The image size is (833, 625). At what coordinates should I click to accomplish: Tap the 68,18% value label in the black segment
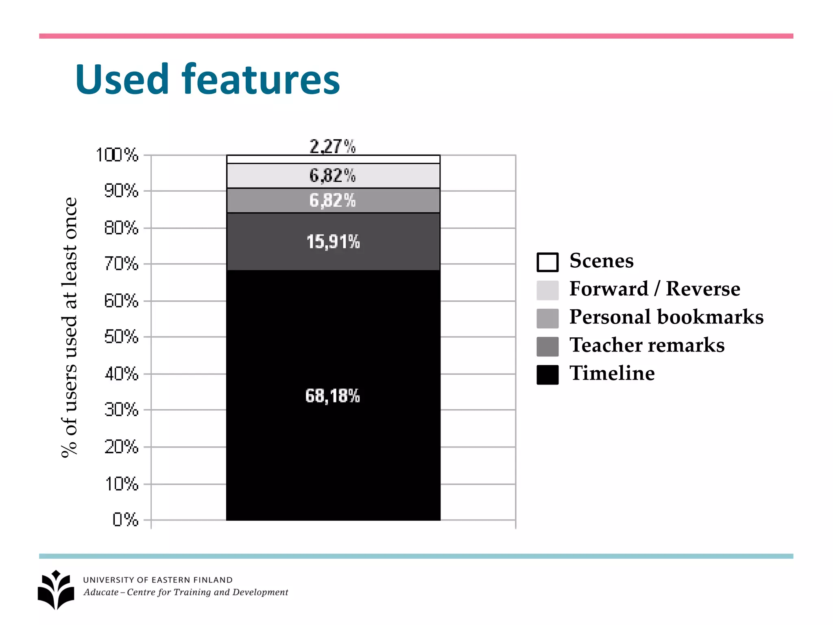point(332,396)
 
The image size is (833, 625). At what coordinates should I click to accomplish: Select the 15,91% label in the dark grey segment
point(333,242)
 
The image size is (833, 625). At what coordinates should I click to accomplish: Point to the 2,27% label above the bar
point(332,146)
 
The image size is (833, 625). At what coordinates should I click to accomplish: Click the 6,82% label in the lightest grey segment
point(332,176)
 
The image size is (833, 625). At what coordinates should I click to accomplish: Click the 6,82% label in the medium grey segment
point(332,201)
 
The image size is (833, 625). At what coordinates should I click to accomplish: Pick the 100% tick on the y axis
point(118,155)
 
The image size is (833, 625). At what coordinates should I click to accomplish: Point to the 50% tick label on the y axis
point(121,337)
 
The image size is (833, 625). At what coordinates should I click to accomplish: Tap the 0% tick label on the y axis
point(125,520)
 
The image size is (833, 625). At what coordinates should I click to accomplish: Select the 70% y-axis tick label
point(121,264)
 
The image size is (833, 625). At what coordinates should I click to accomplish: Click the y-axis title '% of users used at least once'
point(69,328)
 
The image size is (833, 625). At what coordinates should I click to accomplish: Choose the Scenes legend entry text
point(601,260)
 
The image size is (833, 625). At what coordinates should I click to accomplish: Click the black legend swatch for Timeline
point(547,374)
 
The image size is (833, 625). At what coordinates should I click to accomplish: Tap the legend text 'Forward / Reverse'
point(654,289)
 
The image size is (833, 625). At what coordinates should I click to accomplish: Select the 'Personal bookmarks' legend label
point(666,317)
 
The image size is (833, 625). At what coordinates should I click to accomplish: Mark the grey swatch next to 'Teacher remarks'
point(547,346)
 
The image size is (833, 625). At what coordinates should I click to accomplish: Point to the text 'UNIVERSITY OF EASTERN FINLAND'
point(158,580)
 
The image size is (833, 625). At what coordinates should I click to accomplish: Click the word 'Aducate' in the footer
point(101,592)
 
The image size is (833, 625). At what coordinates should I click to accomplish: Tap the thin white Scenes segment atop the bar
point(333,159)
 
